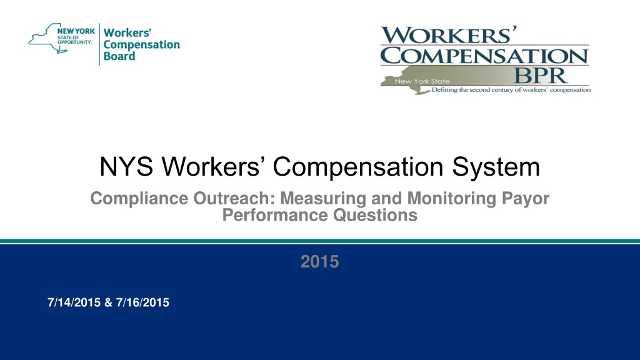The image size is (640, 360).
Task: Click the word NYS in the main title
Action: pos(126,166)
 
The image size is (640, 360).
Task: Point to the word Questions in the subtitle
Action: pos(375,215)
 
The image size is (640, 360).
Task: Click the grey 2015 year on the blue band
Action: pos(319,262)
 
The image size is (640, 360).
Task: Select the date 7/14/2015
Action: pos(74,302)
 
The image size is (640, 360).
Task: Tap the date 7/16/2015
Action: pos(142,302)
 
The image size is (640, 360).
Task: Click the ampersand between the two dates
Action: pos(108,302)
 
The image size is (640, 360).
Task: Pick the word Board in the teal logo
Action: pos(119,56)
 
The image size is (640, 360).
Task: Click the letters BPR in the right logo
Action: pos(539,76)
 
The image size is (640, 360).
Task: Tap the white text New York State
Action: pos(422,81)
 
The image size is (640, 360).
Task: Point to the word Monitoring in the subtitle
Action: pos(451,199)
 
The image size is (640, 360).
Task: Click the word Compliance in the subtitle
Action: pos(139,199)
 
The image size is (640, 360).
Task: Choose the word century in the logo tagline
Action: pos(504,90)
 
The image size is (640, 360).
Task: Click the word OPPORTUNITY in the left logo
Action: pos(75,42)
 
